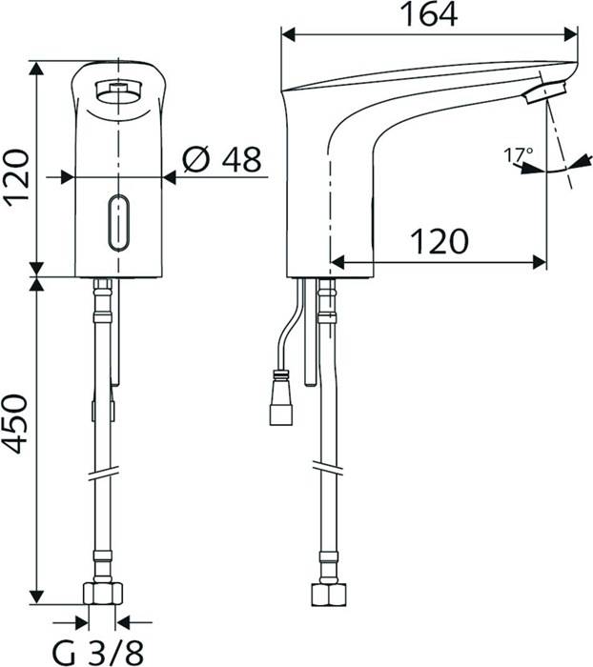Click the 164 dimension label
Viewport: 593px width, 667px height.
430,14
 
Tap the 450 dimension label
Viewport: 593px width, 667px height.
16,424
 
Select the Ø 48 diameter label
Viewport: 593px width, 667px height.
222,159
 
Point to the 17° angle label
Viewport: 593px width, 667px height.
519,155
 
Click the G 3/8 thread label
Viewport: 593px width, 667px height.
98,652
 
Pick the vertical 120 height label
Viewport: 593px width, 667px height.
16,176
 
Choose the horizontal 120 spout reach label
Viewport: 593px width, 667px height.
440,242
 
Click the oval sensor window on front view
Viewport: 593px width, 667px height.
118,222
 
